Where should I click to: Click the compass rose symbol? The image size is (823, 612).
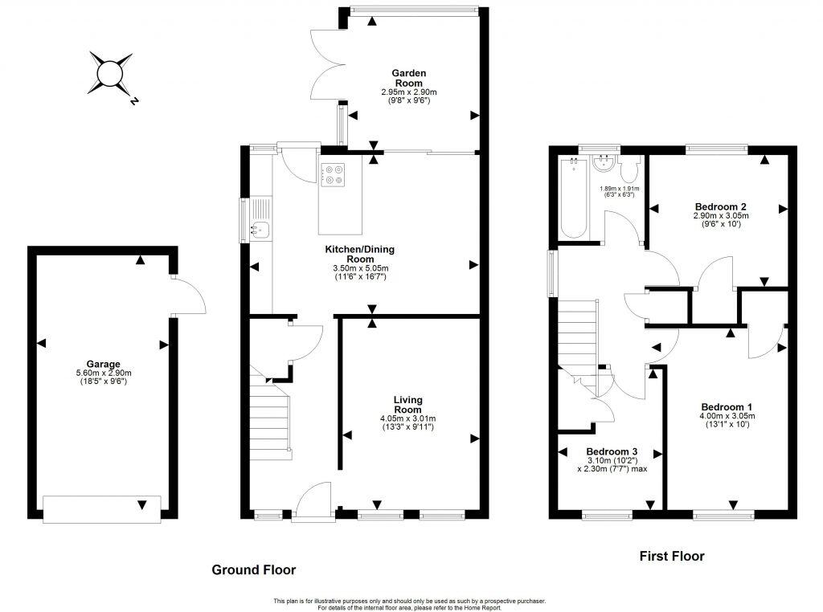pyautogui.click(x=111, y=75)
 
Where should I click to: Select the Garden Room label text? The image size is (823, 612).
pyautogui.click(x=408, y=78)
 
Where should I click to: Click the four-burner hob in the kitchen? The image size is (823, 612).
pyautogui.click(x=333, y=175)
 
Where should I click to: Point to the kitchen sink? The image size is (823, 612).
pyautogui.click(x=260, y=229)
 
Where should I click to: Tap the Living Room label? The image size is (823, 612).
pyautogui.click(x=408, y=405)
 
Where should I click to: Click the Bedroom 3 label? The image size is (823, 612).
pyautogui.click(x=612, y=451)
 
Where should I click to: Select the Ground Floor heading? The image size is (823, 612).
pyautogui.click(x=253, y=569)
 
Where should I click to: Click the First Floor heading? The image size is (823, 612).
pyautogui.click(x=671, y=556)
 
